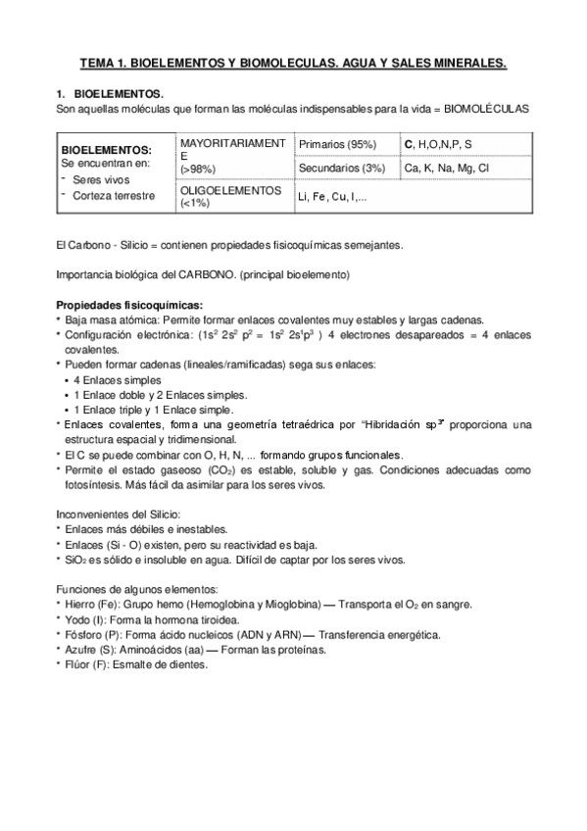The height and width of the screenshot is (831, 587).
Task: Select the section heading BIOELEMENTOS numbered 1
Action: [x=119, y=93]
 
